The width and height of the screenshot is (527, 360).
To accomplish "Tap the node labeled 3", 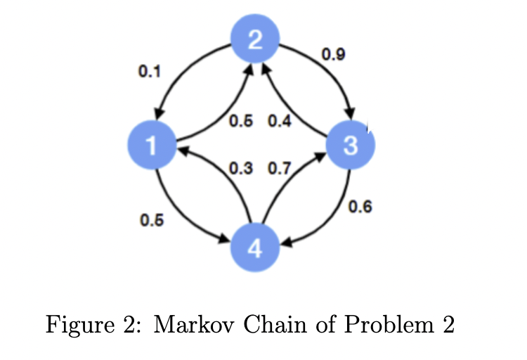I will (x=351, y=145).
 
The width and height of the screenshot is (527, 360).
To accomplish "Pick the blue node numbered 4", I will (x=256, y=248).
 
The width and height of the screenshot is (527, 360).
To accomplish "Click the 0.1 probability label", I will (x=150, y=72).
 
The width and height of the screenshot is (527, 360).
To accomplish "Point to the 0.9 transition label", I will (x=332, y=53).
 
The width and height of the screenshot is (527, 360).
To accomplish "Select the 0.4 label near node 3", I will (x=279, y=122).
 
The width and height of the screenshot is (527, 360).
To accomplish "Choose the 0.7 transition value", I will (x=280, y=169).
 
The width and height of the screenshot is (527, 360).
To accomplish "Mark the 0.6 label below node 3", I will (x=360, y=207).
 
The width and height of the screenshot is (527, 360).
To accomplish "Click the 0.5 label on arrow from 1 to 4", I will (x=150, y=220).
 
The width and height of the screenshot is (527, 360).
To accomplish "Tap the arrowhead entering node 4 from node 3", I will (x=287, y=246).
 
